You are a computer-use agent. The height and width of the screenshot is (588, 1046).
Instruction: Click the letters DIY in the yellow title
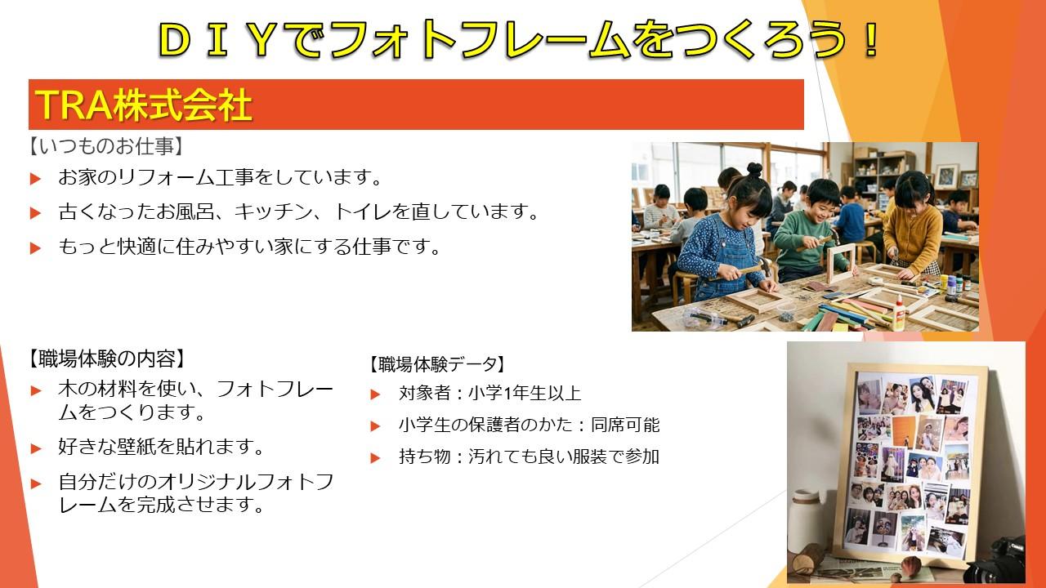(x=218, y=39)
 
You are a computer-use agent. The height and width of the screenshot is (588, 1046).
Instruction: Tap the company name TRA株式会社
(x=145, y=105)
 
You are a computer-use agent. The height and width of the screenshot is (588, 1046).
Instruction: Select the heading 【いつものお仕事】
(x=105, y=146)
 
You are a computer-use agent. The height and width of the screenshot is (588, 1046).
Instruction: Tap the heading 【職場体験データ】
(x=437, y=364)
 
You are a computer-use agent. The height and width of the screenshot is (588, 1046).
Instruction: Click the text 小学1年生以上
(x=525, y=394)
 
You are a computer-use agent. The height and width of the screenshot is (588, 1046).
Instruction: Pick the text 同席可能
(x=625, y=425)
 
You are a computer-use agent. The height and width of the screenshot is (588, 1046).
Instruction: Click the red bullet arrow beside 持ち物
(x=375, y=458)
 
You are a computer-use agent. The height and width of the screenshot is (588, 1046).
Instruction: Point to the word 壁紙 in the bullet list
(x=136, y=447)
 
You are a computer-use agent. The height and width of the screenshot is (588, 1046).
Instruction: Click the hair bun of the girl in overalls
(x=753, y=168)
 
